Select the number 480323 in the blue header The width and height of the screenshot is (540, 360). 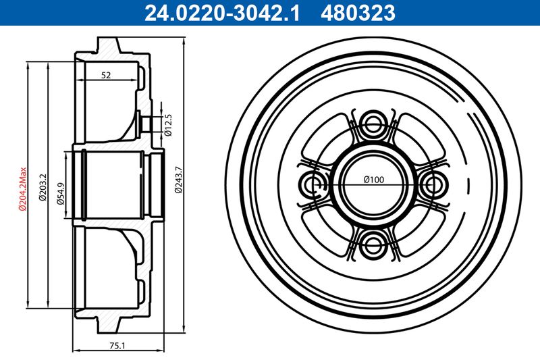pos(360,11)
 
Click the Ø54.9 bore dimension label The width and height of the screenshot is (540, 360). pos(60,192)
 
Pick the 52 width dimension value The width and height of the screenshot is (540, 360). pos(106,75)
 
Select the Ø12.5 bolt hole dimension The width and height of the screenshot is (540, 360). pos(169,125)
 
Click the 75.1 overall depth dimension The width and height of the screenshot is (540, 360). pos(117,345)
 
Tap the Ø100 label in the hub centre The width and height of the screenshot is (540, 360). pos(373,180)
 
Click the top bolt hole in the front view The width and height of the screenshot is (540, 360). pos(373,124)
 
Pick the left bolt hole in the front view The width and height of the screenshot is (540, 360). pos(311,184)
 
